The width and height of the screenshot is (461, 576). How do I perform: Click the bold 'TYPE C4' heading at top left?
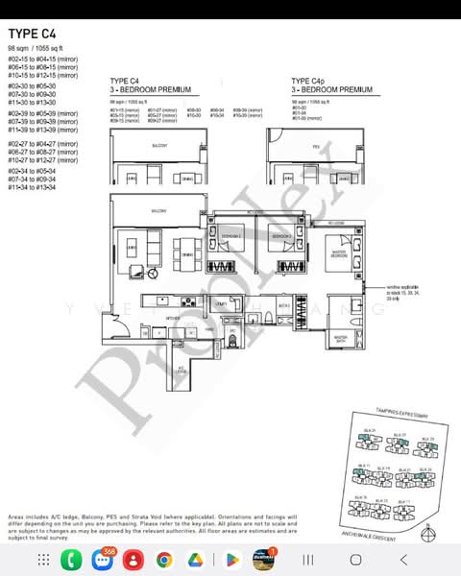tap(30, 33)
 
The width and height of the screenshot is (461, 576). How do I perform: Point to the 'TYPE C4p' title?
tap(307, 81)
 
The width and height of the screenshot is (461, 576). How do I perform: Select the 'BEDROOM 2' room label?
tap(231, 235)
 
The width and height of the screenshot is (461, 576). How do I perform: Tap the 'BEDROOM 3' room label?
tap(280, 235)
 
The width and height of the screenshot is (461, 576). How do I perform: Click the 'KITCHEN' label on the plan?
tap(146, 318)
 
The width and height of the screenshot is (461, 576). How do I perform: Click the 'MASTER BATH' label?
tap(341, 338)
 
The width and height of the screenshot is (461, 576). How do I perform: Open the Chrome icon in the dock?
tap(164, 559)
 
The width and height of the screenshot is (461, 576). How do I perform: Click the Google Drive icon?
tap(196, 559)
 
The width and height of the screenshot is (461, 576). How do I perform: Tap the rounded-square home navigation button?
tap(355, 559)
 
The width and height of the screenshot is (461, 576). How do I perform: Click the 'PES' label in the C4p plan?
tap(316, 146)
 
